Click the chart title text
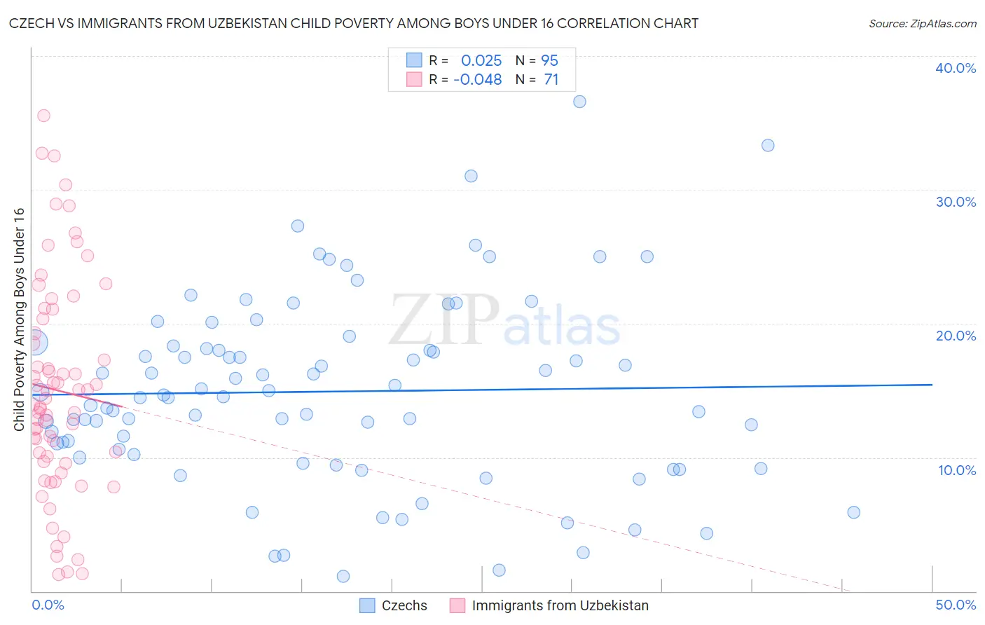point(354,23)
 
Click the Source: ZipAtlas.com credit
point(922,23)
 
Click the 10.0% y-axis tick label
point(956,470)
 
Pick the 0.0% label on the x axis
point(48,605)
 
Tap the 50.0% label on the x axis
point(956,605)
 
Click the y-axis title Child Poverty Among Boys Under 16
point(20,320)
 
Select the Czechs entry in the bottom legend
point(404,605)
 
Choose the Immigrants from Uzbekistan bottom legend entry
point(560,605)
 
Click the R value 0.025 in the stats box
point(481,61)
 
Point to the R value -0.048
point(478,80)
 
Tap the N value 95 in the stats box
point(549,61)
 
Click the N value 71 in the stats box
point(551,80)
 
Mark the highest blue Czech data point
point(579,102)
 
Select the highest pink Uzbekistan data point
point(43,116)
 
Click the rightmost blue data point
point(853,512)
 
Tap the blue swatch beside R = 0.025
point(414,60)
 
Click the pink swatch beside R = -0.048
point(414,79)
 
